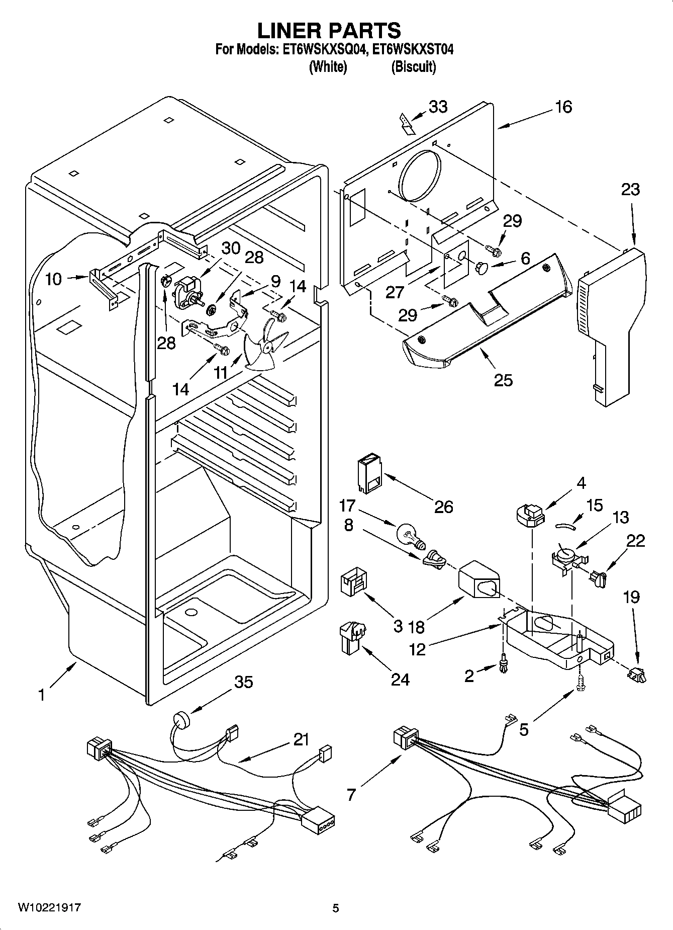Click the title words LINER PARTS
[x=329, y=31]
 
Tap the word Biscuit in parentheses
[x=413, y=67]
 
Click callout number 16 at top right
[x=564, y=107]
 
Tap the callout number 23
[x=630, y=190]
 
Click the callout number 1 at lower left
[x=42, y=696]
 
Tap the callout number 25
[x=503, y=380]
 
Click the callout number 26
[x=444, y=506]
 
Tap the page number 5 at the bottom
[x=336, y=908]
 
